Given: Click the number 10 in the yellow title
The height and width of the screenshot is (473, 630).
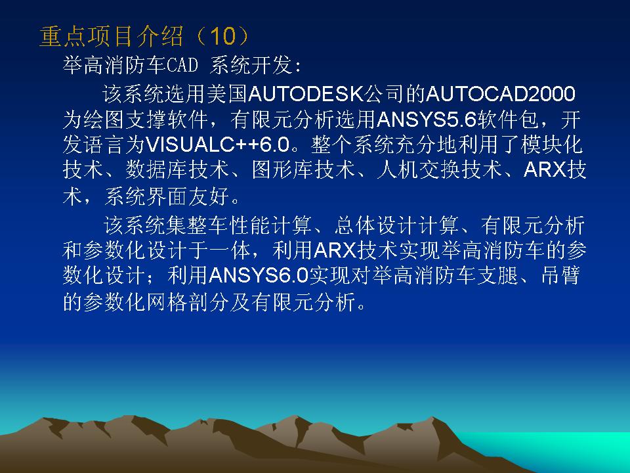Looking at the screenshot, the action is [x=222, y=35].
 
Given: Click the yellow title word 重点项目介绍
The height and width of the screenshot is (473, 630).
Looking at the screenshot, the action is [x=112, y=36].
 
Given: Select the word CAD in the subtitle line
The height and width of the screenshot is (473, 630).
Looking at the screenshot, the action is [x=182, y=65].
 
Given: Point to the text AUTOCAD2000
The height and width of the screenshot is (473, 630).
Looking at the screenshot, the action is [x=501, y=94].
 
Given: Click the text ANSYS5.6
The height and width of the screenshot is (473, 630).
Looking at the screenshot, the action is [x=427, y=120].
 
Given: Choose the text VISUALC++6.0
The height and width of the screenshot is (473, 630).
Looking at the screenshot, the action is [x=217, y=145].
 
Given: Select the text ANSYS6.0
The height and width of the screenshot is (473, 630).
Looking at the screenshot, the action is [x=259, y=275].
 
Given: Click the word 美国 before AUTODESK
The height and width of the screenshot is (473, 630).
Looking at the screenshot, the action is [x=228, y=94].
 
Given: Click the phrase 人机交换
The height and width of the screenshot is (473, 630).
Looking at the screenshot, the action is [x=419, y=169].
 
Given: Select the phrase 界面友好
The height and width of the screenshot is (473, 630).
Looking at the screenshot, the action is [x=188, y=196].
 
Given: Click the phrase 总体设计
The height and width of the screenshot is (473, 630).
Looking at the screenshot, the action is [x=377, y=225].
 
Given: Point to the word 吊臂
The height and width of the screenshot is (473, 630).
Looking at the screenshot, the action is [x=560, y=275].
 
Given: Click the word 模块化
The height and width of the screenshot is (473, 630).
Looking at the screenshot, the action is [x=552, y=145].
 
